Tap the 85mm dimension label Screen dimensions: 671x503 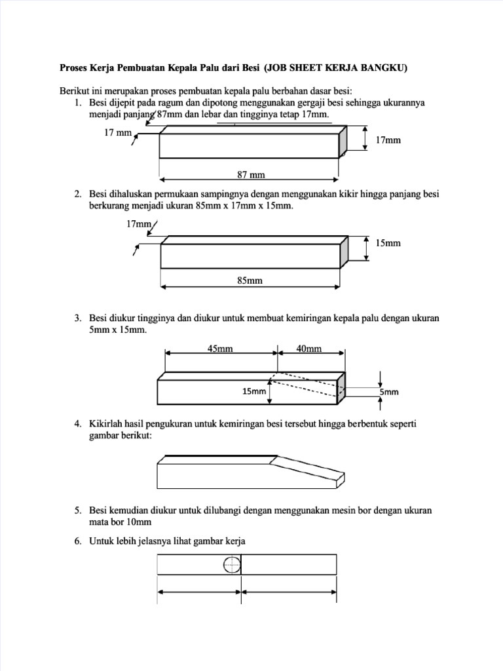[250, 280]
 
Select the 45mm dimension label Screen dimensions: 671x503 [220, 349]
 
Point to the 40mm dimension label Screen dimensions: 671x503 [309, 349]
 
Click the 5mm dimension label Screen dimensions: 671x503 [389, 392]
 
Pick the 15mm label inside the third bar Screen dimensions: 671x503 [254, 391]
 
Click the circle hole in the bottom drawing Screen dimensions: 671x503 [232, 564]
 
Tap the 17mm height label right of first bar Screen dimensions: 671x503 [388, 140]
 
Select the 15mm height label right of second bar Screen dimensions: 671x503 [388, 243]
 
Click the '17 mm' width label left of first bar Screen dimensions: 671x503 [118, 133]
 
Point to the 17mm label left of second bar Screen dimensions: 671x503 [138, 224]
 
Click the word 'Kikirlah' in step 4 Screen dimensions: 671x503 [105, 425]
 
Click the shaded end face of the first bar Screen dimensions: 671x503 [343, 142]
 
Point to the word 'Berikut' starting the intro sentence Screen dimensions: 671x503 [75, 91]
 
